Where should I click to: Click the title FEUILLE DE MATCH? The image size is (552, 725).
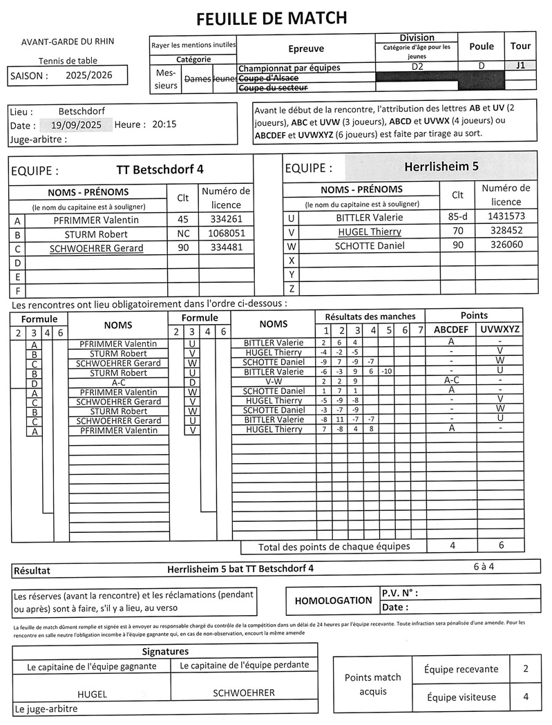pyautogui.click(x=272, y=18)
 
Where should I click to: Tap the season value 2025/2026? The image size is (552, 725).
pyautogui.click(x=88, y=75)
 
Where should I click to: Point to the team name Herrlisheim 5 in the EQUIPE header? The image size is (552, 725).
pyautogui.click(x=441, y=167)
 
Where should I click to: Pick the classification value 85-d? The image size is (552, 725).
pyautogui.click(x=457, y=217)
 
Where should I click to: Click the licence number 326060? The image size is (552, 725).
pyautogui.click(x=506, y=245)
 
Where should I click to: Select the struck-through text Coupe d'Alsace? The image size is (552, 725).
pyautogui.click(x=268, y=78)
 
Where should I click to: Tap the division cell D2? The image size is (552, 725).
pyautogui.click(x=417, y=66)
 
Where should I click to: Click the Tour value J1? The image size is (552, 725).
pyautogui.click(x=520, y=66)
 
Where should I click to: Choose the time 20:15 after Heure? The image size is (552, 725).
pyautogui.click(x=164, y=125)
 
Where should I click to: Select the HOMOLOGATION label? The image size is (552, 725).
pyautogui.click(x=332, y=601)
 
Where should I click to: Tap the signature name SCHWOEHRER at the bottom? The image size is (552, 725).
pyautogui.click(x=243, y=693)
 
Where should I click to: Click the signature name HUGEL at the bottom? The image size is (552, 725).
pyautogui.click(x=92, y=694)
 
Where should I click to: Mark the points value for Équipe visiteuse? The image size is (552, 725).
pyautogui.click(x=526, y=697)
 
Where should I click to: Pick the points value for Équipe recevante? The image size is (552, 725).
pyautogui.click(x=526, y=668)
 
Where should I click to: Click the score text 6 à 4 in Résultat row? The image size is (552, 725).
pyautogui.click(x=484, y=566)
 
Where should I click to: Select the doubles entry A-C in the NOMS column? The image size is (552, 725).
pyautogui.click(x=118, y=382)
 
